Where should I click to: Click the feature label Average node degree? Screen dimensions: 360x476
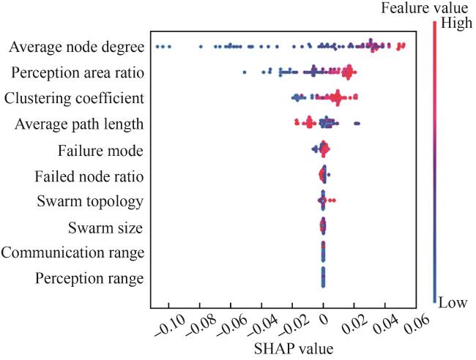[x=76, y=48]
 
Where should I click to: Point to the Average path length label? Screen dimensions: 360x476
[x=79, y=124]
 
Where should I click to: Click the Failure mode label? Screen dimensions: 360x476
[x=100, y=151]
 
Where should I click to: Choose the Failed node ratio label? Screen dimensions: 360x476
[x=89, y=176]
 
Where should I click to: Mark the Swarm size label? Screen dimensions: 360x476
[x=105, y=227]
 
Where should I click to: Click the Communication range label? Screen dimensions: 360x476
[x=72, y=252]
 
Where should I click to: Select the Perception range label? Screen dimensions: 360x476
[x=89, y=279]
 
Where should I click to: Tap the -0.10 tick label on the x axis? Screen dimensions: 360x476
[x=168, y=326]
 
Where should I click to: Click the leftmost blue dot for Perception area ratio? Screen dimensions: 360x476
[x=245, y=72]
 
